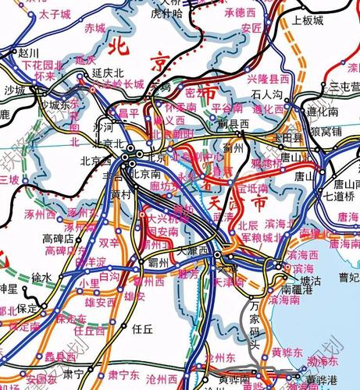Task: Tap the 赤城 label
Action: click(95, 28)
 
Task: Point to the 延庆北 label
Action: click(109, 72)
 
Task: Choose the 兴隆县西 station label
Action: click(269, 80)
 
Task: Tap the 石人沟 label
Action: click(267, 95)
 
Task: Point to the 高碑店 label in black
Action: click(58, 237)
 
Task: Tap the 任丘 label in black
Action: click(142, 328)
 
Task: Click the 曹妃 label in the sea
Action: click(348, 277)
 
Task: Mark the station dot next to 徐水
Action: click(56, 278)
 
